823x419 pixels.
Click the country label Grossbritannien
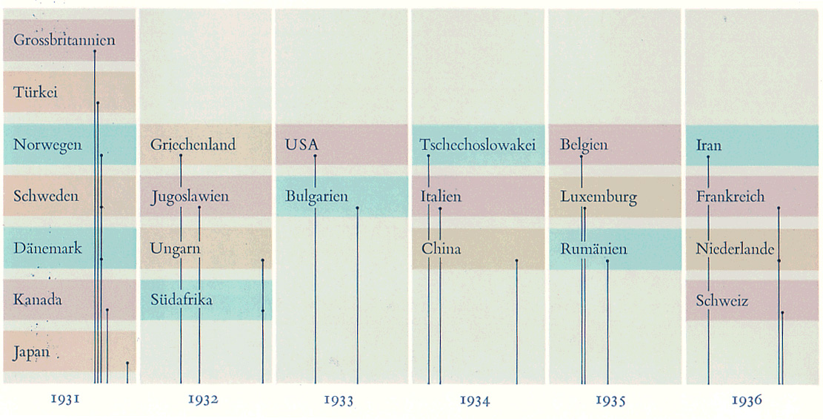pos(64,40)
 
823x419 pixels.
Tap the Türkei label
pos(36,93)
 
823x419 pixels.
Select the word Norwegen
pos(47,145)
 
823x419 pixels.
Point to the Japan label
pos(32,352)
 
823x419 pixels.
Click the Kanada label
pos(37,300)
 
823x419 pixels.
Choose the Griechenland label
pos(193,145)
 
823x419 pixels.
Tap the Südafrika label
pos(181,300)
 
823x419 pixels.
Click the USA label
pos(301,145)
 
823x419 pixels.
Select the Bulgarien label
pos(316,197)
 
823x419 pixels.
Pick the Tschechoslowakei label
pos(477,145)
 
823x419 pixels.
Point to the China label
pos(441,248)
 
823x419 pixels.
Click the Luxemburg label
pos(599,197)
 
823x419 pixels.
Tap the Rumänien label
pos(593,249)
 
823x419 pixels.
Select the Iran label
pos(709,145)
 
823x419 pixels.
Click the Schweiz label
pos(722,301)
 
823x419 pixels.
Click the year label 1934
pos(474,400)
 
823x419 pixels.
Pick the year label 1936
pos(746,400)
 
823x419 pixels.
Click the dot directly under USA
pos(315,156)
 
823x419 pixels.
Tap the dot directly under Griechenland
pos(181,156)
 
